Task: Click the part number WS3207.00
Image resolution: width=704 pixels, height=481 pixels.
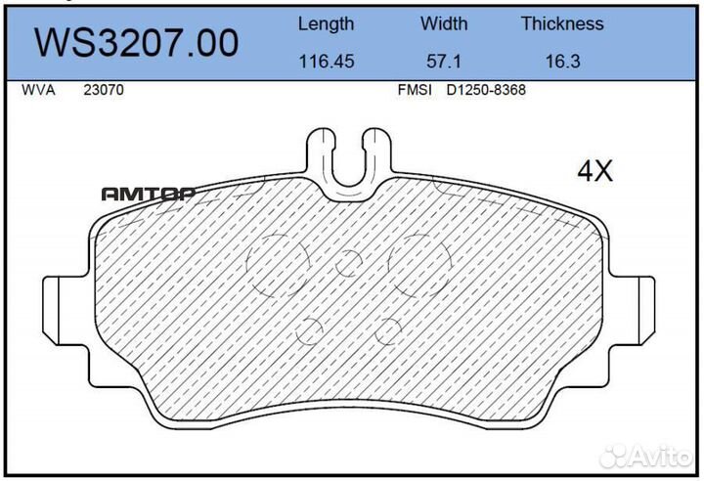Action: [x=137, y=42]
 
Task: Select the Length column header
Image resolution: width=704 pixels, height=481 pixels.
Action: [x=326, y=23]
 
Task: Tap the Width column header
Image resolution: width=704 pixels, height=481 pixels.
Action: [x=444, y=23]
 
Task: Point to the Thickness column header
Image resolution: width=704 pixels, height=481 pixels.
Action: [x=561, y=23]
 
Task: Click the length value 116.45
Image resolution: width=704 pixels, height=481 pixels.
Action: [x=326, y=61]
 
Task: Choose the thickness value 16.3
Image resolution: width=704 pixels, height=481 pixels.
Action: [x=561, y=61]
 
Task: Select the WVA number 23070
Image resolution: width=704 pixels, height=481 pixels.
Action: [x=103, y=90]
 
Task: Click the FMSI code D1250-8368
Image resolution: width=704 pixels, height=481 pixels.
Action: [x=487, y=90]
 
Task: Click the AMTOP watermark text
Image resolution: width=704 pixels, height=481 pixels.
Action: [x=148, y=194]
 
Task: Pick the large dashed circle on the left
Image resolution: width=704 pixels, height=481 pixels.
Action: [x=278, y=265]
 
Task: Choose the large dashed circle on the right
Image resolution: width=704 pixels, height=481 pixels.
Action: [x=418, y=265]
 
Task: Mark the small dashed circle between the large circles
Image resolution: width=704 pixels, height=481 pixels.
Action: [x=348, y=262]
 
